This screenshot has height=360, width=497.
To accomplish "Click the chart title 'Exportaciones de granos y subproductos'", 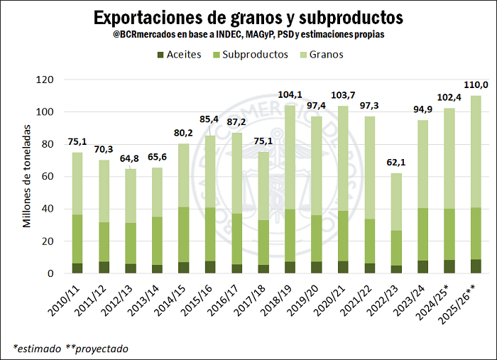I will pyautogui.click(x=248, y=16).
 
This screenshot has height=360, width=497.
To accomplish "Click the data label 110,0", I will pyautogui.click(x=475, y=85).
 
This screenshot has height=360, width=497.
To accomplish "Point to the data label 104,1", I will pyautogui.click(x=290, y=94).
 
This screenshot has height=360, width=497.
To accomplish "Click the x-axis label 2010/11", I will pyautogui.click(x=67, y=299).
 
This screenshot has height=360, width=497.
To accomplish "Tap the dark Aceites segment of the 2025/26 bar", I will pyautogui.click(x=475, y=266).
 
